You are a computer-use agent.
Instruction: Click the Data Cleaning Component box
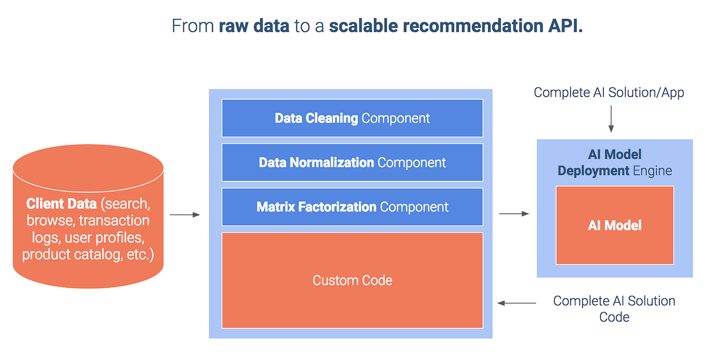coord(352,118)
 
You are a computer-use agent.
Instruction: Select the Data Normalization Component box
coord(352,162)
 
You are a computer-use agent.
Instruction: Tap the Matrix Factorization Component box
coord(352,207)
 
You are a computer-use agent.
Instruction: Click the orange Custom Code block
coord(352,280)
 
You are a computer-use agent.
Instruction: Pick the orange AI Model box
coord(615,225)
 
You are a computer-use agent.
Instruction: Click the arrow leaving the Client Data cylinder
coord(185,215)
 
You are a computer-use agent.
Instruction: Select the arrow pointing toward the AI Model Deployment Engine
coord(514,214)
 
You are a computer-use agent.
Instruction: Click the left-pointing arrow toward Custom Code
coord(517,303)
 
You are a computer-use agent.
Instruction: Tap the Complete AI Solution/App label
coord(609,93)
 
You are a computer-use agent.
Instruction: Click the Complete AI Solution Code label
coord(614,309)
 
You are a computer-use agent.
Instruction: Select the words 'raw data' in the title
coord(254,26)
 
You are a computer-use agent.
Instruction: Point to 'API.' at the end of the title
coord(567,26)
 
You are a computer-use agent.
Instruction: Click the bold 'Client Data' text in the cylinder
coord(61,204)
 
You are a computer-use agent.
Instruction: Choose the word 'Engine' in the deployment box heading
coord(652,171)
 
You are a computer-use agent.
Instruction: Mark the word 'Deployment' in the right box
coord(593,171)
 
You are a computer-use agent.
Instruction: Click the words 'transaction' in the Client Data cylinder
coord(114,221)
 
